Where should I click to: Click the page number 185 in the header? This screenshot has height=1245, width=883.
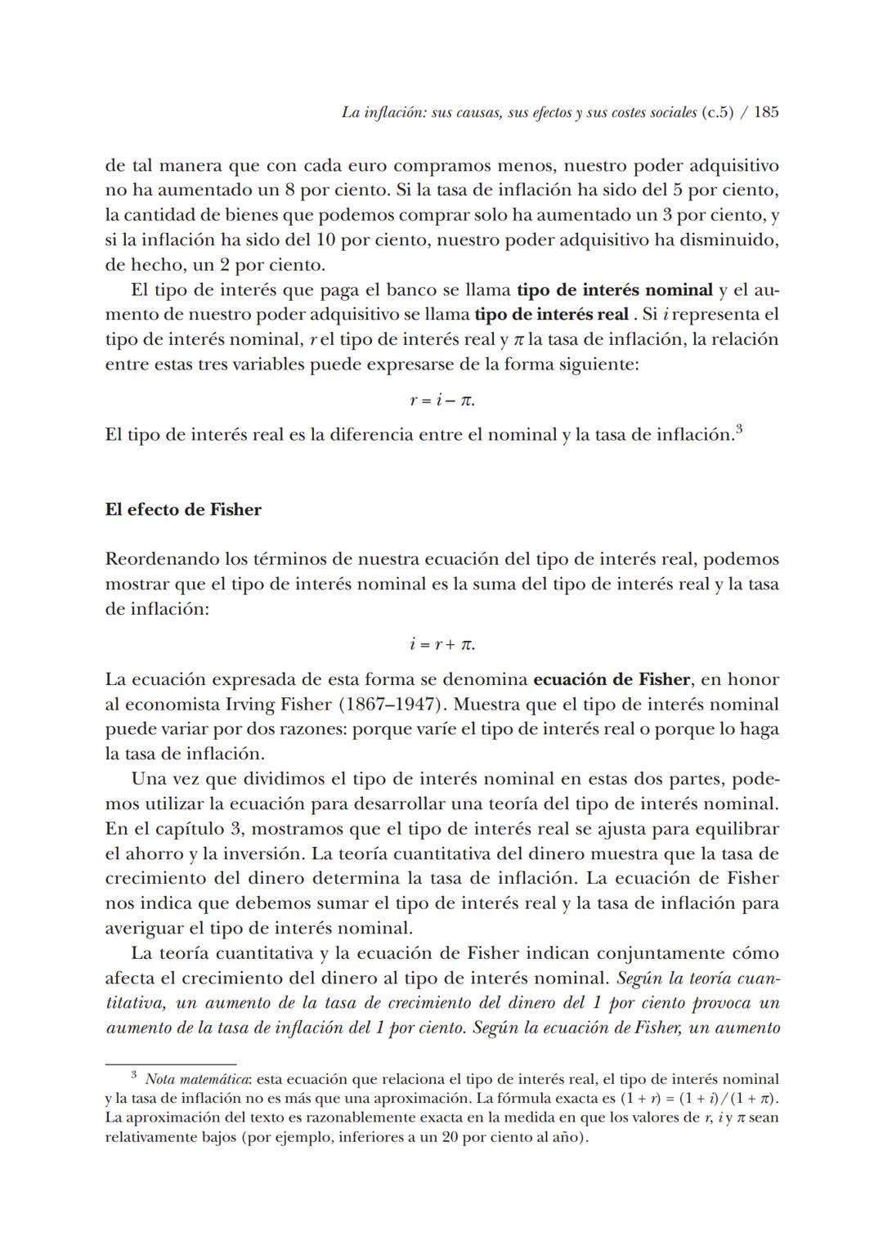765,113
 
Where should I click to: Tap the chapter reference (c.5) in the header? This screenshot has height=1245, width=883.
717,113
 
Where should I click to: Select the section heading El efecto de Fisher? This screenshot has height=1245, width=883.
183,510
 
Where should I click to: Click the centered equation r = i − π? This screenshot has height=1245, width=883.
441,401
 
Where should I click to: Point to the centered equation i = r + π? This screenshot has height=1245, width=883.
441,644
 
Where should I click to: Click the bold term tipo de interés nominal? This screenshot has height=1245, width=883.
615,290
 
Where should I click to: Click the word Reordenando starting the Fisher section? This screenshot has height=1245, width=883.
162,560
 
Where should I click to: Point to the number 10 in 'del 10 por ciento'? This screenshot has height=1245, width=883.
326,241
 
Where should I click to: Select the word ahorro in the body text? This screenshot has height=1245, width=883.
159,854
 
